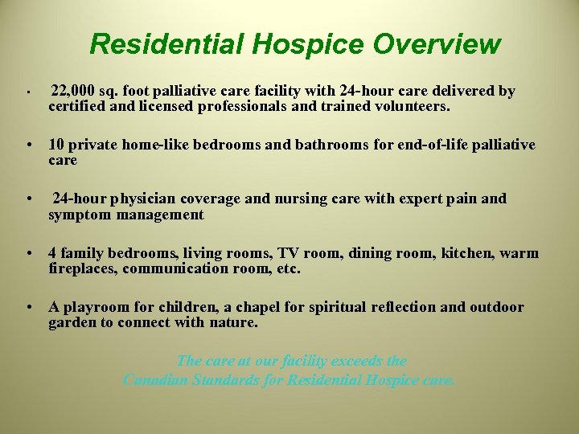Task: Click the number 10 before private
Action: (x=56, y=145)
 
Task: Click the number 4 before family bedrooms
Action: (x=53, y=254)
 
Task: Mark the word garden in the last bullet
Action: (x=70, y=323)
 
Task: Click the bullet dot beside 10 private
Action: (x=29, y=145)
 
